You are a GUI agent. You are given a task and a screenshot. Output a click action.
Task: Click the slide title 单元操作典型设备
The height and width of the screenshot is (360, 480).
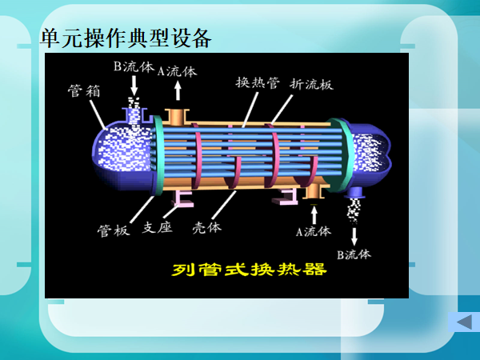click(x=126, y=38)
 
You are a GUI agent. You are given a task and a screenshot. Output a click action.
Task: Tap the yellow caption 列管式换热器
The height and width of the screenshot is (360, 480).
click(x=250, y=269)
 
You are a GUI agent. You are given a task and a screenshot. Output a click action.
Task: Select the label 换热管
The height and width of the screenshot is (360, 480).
click(x=258, y=82)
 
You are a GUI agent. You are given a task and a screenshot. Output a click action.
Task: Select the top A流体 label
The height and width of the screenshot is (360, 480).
click(x=177, y=70)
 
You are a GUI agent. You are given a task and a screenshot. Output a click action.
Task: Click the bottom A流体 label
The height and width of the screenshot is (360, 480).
click(x=313, y=232)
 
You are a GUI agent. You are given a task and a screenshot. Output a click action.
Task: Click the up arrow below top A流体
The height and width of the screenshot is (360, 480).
click(x=177, y=89)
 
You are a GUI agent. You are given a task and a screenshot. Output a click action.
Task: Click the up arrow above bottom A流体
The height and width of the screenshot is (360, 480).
click(x=314, y=214)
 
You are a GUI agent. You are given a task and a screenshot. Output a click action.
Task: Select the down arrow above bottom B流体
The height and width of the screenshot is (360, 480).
click(x=354, y=237)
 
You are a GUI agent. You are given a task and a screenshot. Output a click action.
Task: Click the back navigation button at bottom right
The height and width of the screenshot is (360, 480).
click(x=462, y=322)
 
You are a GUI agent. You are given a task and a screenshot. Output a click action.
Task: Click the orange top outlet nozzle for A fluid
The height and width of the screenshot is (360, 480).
click(x=176, y=115)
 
